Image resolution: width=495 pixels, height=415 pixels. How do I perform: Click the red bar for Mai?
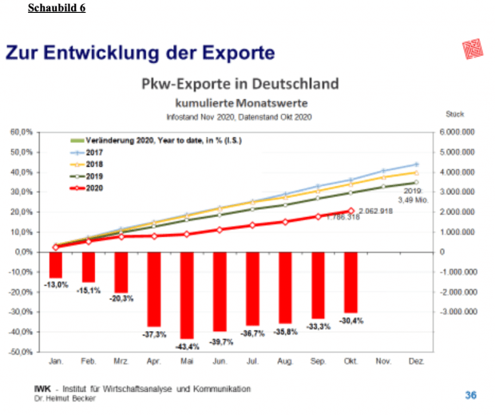(187, 294)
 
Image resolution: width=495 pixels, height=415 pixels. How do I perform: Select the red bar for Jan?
(56, 264)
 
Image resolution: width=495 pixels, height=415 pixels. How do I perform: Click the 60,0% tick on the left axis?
(21, 132)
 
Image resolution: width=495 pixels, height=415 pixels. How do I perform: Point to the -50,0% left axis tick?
(21, 351)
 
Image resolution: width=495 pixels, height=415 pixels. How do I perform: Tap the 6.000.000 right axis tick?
(457, 132)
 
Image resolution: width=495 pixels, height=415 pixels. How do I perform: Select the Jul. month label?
(252, 362)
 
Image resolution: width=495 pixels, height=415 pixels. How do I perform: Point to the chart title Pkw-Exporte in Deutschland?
(240, 84)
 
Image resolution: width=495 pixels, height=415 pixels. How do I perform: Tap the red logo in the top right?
(473, 50)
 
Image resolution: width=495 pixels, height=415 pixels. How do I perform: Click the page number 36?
(471, 394)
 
